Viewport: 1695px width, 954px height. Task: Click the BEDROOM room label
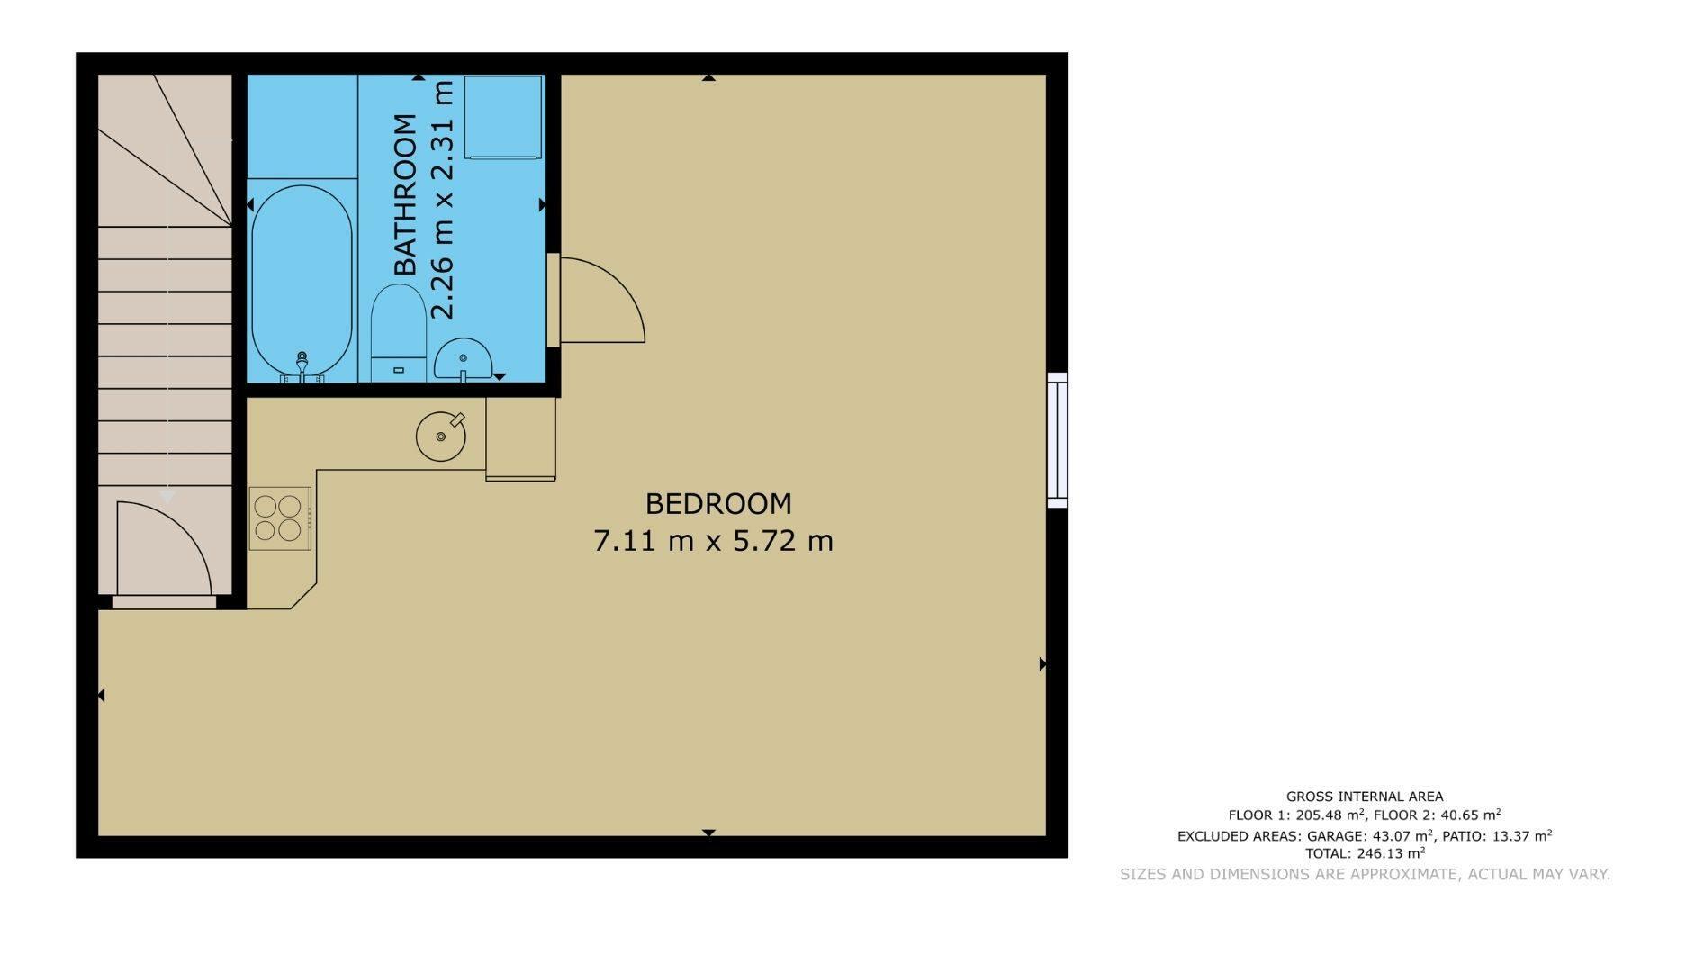718,503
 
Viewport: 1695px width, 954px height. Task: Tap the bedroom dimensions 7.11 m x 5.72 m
713,541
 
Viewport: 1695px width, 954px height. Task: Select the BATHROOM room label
406,194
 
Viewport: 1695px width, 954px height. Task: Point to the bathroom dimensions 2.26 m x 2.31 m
443,200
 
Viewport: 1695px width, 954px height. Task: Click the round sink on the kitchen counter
441,436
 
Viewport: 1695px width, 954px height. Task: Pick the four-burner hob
280,518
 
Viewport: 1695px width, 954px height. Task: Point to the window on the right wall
1058,440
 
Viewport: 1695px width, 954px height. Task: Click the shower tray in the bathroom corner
502,118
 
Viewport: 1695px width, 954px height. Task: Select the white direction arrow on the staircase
167,496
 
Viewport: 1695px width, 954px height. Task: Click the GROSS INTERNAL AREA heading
1365,796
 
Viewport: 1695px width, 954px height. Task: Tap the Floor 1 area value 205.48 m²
1330,815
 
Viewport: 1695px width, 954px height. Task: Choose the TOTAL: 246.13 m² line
1365,853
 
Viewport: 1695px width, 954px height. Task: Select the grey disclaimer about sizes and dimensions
1365,874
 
